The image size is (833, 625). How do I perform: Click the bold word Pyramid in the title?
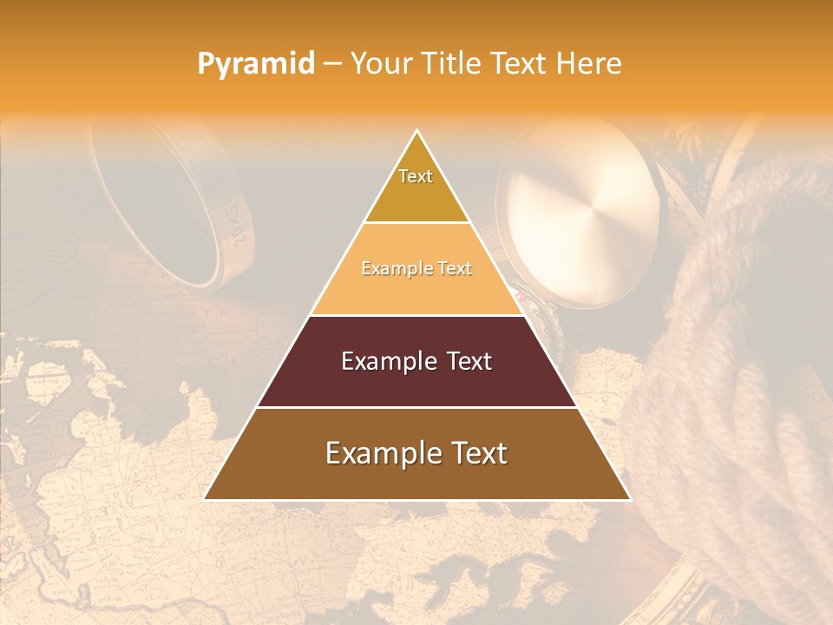(x=256, y=63)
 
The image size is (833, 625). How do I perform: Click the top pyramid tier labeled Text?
(x=416, y=187)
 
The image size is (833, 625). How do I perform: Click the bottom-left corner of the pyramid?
(x=205, y=499)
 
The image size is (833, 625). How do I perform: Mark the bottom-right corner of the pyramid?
(x=629, y=499)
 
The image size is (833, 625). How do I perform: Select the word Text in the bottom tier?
(x=476, y=453)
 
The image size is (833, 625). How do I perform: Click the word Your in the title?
(x=378, y=63)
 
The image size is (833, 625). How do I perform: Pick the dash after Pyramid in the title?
(x=332, y=64)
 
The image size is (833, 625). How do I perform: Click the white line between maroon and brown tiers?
(x=416, y=407)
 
